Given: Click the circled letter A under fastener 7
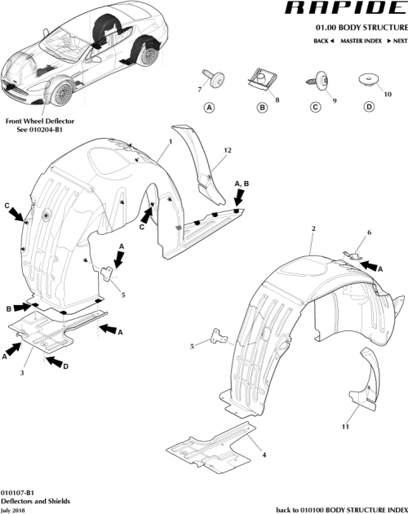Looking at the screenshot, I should pos(209,107).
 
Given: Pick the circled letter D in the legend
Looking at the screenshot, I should pos(369,107).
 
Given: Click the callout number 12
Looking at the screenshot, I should pos(228,150).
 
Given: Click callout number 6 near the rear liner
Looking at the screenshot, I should pos(368,233).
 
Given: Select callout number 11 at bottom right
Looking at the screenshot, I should pos(345,427).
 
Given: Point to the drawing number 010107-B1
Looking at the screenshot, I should pos(18,492).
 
